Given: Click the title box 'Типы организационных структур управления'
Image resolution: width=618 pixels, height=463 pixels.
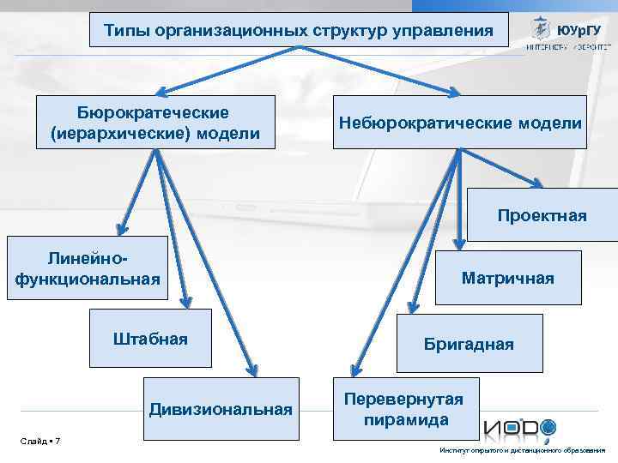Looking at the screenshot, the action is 299,31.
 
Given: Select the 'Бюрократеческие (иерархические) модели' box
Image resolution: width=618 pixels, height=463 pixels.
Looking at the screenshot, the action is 155,123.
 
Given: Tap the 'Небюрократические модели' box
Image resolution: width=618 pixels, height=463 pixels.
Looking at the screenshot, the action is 460,123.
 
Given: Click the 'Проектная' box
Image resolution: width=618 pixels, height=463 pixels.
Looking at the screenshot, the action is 542,215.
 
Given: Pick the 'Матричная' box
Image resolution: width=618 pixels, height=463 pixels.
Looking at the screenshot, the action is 507,278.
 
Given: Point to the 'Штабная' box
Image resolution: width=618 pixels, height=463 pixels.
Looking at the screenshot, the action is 150,339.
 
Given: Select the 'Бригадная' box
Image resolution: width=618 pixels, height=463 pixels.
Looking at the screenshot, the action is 469,344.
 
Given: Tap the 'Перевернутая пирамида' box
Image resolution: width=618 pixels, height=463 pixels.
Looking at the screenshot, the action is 404,409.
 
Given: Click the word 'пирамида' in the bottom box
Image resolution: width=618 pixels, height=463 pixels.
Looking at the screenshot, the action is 406,420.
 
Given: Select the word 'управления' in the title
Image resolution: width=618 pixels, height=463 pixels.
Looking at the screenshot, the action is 443,31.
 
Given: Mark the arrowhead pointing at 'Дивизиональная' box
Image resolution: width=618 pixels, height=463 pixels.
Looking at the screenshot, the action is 252,371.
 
